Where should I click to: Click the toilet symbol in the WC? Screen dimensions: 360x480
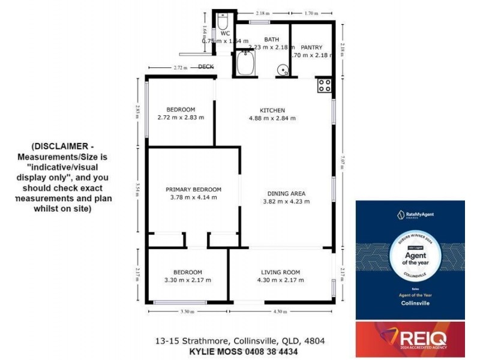coord(223,23)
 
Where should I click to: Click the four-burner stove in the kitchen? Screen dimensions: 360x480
coord(325,85)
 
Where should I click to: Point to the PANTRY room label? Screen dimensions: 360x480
coord(311,47)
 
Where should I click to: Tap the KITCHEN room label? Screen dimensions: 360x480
coord(272,110)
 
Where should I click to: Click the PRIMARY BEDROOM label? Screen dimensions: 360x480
coord(193,189)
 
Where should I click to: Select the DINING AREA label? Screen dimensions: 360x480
coord(286,193)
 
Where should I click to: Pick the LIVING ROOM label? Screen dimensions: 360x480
coord(280,272)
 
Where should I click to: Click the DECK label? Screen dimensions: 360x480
coord(206,67)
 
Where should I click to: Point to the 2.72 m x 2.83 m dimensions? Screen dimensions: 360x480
coord(181,118)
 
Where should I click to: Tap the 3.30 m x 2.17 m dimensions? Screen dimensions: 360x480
coord(187,280)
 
